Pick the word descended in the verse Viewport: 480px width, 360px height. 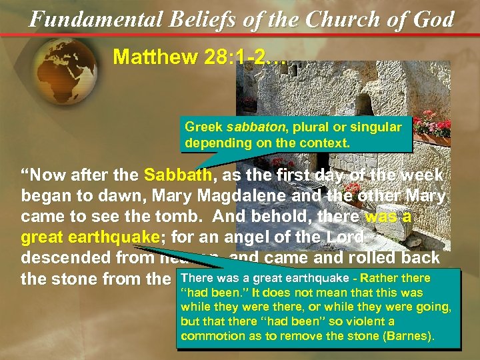tap(66, 258)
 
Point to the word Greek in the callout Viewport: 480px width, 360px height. tap(203, 127)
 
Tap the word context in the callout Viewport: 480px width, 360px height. tap(327, 143)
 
